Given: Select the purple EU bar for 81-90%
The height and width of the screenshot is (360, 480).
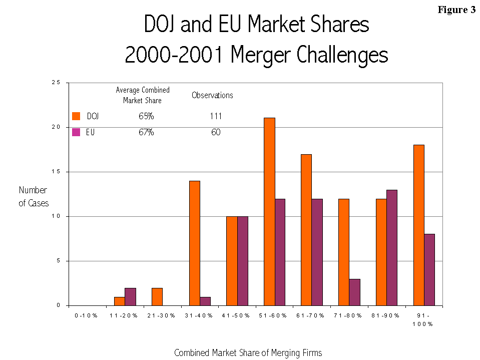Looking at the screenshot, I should (x=392, y=247).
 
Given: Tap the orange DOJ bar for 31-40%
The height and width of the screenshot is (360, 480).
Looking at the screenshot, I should (x=195, y=243).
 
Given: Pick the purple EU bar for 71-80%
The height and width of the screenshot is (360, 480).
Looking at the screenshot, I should (x=354, y=292).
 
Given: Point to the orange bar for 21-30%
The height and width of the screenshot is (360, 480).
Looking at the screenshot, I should (x=157, y=296).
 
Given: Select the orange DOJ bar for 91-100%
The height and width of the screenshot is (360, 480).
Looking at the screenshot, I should (x=418, y=225).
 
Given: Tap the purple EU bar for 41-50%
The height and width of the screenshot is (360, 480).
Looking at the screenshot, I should (x=242, y=260).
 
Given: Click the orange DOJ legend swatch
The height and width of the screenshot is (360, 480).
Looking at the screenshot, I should (x=76, y=116).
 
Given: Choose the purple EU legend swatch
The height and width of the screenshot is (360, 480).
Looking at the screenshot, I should (x=76, y=132).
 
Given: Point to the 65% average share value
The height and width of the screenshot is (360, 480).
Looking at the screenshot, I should (x=146, y=117).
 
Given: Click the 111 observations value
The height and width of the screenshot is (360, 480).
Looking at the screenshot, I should (x=216, y=117).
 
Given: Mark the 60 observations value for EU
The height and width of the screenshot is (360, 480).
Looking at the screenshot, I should (x=216, y=133).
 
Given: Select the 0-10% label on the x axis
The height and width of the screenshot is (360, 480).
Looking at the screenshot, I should (x=86, y=315).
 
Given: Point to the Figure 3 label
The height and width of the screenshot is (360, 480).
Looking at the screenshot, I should (x=456, y=10).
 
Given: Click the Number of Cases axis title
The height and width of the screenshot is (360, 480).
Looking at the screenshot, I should (x=33, y=197).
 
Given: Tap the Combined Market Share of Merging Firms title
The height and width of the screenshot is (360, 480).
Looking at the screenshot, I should (x=248, y=352).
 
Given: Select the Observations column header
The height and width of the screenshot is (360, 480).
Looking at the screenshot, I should (x=212, y=95).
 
